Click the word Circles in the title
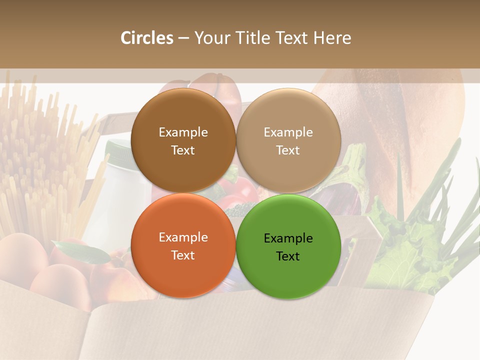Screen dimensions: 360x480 146,38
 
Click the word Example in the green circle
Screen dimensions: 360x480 288,238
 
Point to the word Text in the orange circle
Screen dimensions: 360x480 183,255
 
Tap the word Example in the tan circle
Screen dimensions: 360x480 288,132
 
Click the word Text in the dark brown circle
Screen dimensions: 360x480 183,150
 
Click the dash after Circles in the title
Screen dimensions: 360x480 183,38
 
